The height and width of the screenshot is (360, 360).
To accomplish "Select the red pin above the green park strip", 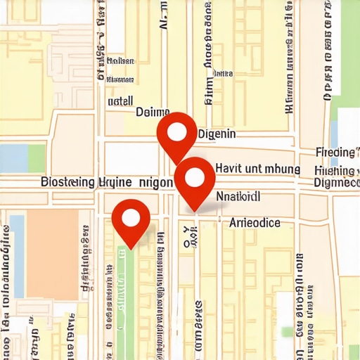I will (131, 219).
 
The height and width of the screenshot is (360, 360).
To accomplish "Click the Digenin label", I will (217, 134).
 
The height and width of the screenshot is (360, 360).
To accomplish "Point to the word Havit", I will (229, 169).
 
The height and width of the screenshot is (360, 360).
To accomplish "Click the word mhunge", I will (282, 169).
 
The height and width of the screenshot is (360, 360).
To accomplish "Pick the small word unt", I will (254, 169).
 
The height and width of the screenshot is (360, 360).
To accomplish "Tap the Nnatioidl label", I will (238, 196).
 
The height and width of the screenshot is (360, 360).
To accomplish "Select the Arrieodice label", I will (255, 223).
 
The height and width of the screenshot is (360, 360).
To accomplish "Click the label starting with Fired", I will (336, 153).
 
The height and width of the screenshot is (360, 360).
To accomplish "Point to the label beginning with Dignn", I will (337, 184).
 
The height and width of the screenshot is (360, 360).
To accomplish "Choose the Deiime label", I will (153, 112).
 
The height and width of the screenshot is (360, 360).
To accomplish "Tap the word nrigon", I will (156, 182).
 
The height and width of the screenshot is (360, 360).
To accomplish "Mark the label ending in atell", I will (120, 101).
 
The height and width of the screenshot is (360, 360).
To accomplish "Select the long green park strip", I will (124, 295).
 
